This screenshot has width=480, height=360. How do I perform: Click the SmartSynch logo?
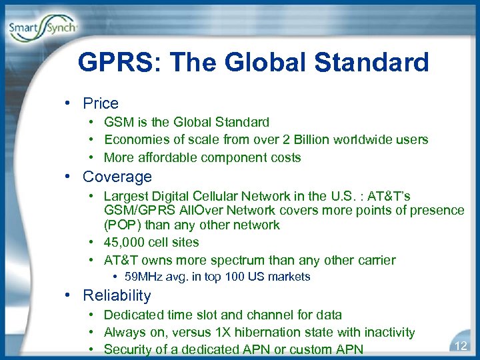(x=43, y=27)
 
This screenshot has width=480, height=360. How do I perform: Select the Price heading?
(x=101, y=103)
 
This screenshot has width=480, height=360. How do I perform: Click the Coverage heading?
(x=117, y=177)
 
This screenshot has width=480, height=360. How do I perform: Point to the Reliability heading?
(x=117, y=295)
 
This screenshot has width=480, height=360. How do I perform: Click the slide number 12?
(x=460, y=345)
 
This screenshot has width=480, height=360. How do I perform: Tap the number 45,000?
(x=123, y=243)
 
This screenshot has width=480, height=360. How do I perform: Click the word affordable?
(x=169, y=158)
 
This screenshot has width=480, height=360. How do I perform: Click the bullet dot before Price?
(x=70, y=104)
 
